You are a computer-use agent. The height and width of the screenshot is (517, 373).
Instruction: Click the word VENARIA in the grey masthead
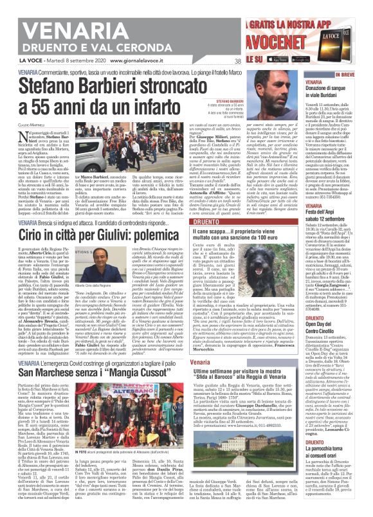(48, 14)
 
